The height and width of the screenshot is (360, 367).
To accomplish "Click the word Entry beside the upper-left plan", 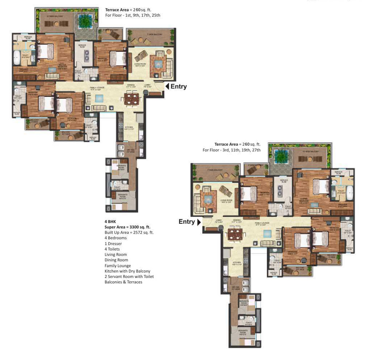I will pyautogui.click(x=179, y=87).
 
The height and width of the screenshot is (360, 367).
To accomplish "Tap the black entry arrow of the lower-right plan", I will pyautogui.click(x=199, y=222).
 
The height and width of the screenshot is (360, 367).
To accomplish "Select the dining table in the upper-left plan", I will pyautogui.click(x=131, y=98).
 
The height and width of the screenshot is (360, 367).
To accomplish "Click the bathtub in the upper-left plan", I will pyautogui.click(x=18, y=58).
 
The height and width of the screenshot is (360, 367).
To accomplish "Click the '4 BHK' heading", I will pyautogui.click(x=111, y=222).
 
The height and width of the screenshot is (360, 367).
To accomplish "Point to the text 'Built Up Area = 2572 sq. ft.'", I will pyautogui.click(x=129, y=233).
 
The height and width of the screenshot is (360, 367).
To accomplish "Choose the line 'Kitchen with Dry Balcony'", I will pyautogui.click(x=127, y=271).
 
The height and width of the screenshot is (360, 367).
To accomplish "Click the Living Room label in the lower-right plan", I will pyautogui.click(x=226, y=200).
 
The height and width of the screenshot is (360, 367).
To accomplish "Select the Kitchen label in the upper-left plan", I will pyautogui.click(x=129, y=127).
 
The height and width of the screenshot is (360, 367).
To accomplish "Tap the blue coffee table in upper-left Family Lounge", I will pyautogui.click(x=99, y=98).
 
